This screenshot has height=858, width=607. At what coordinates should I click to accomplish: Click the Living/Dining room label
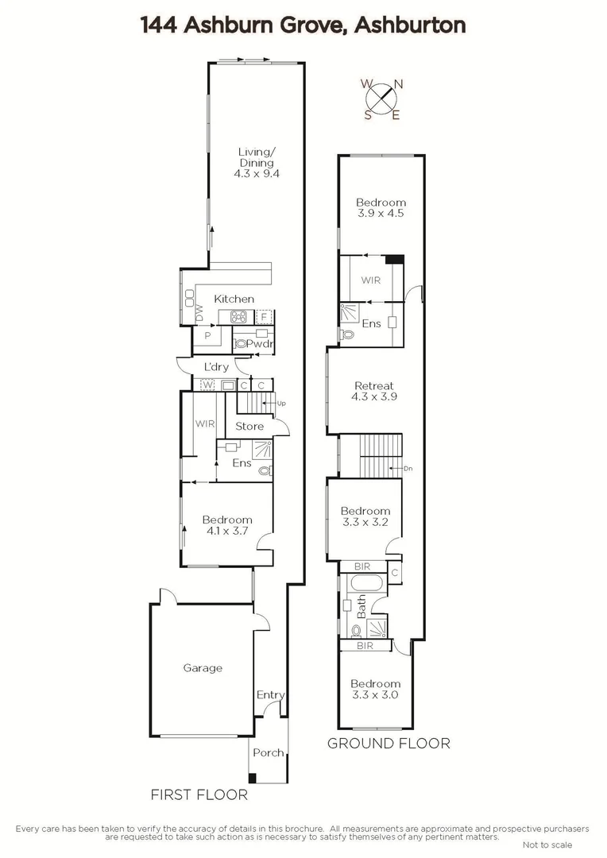pyautogui.click(x=257, y=163)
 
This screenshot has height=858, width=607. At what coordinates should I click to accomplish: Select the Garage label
pyautogui.click(x=203, y=668)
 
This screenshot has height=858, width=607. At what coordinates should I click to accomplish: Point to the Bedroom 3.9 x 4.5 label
pyautogui.click(x=380, y=208)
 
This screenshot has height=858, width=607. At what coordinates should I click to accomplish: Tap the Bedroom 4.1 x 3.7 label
pyautogui.click(x=227, y=526)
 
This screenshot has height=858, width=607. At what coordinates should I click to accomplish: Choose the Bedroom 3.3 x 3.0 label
pyautogui.click(x=375, y=689)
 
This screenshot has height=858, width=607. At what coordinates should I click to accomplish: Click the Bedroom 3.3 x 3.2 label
pyautogui.click(x=365, y=516)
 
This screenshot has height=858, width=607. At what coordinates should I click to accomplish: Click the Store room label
pyautogui.click(x=249, y=427)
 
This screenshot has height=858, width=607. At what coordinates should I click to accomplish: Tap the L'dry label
pyautogui.click(x=216, y=367)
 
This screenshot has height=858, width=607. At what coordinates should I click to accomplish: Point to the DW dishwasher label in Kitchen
pyautogui.click(x=199, y=315)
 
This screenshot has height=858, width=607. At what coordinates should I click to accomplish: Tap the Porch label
pyautogui.click(x=268, y=752)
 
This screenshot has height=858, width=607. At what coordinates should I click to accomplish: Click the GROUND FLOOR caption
pyautogui.click(x=389, y=744)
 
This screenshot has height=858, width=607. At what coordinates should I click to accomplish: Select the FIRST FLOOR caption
pyautogui.click(x=199, y=794)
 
